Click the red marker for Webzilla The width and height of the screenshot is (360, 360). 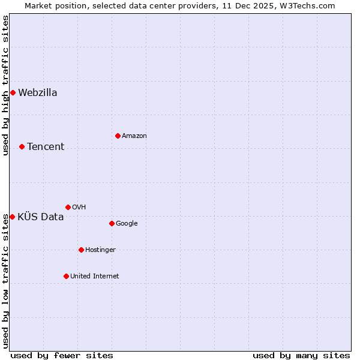pyautogui.click(x=13, y=92)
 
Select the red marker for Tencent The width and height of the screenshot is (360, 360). pyautogui.click(x=22, y=146)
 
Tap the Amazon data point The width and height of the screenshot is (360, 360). pyautogui.click(x=118, y=136)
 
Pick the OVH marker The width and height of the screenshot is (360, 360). pyautogui.click(x=68, y=207)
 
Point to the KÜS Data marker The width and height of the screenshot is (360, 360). pyautogui.click(x=12, y=217)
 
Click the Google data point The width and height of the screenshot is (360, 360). pyautogui.click(x=112, y=223)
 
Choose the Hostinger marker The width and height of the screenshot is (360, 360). pyautogui.click(x=81, y=250)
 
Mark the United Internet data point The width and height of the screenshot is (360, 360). pyautogui.click(x=66, y=276)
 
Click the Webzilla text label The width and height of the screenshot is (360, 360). pyautogui.click(x=38, y=92)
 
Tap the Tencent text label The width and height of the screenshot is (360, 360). pyautogui.click(x=46, y=146)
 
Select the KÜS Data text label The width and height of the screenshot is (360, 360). pyautogui.click(x=41, y=217)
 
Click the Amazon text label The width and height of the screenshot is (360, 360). pyautogui.click(x=134, y=136)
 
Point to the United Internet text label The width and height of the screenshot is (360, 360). pyautogui.click(x=95, y=276)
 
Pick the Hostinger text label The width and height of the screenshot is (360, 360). pyautogui.click(x=100, y=250)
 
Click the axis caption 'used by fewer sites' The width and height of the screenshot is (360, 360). pyautogui.click(x=62, y=355)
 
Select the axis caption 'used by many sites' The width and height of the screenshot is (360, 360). pyautogui.click(x=301, y=355)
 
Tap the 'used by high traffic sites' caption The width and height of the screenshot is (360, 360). pyautogui.click(x=5, y=85)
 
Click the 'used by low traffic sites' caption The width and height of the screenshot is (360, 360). pyautogui.click(x=5, y=281)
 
